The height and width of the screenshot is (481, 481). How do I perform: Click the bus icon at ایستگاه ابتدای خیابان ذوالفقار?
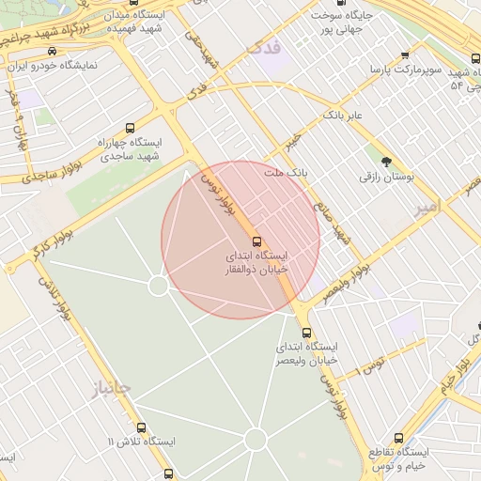click(x=258, y=241)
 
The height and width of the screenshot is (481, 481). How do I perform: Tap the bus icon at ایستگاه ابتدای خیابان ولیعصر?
click(x=306, y=333)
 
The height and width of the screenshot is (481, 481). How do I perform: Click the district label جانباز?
click(x=112, y=387)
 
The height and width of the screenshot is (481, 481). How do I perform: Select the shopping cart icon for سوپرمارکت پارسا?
click(x=405, y=55)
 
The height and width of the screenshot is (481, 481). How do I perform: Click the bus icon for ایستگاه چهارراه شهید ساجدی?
click(x=130, y=128)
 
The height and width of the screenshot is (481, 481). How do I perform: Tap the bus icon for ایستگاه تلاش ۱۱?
click(x=141, y=427)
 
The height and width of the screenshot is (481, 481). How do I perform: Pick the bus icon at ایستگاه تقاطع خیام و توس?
click(x=398, y=439)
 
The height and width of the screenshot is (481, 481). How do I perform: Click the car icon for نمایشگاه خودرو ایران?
click(x=51, y=52)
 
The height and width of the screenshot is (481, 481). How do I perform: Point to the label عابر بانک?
click(x=343, y=114)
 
